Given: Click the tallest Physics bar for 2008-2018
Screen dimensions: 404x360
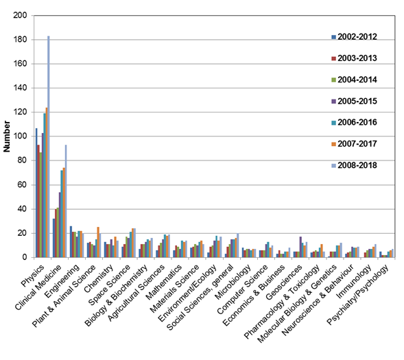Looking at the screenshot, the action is (49, 147).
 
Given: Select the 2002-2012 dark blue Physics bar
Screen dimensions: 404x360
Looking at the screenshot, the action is (36, 193).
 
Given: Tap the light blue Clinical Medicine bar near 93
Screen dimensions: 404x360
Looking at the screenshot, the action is (66, 201).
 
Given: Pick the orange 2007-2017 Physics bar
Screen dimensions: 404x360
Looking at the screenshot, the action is (47, 182).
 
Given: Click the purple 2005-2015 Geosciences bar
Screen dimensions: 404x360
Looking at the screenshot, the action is (300, 247).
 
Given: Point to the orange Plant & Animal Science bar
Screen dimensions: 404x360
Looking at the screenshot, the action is (98, 242).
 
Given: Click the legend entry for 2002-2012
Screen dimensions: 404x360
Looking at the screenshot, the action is (355, 37).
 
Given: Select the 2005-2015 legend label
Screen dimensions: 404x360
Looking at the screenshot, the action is (357, 101).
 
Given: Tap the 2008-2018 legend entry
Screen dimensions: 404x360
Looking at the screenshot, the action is (355, 165).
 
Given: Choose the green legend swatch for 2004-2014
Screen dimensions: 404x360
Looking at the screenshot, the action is (333, 80).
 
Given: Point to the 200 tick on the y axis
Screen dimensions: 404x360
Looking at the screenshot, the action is (20, 15).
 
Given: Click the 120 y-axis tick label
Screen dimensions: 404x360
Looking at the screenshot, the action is (20, 112).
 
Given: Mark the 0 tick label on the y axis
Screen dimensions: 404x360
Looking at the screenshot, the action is (25, 257).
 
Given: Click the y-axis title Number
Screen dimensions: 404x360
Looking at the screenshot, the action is (7, 136).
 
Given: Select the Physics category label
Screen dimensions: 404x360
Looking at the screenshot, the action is (32, 276).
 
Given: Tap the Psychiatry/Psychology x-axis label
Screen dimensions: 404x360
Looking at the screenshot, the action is (357, 295).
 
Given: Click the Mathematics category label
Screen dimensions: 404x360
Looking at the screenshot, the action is (164, 283).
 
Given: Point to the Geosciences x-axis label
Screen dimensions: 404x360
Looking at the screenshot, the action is (284, 283).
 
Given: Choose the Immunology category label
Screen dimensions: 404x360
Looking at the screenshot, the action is (355, 281).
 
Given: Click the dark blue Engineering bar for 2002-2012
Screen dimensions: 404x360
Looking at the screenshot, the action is (71, 241).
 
